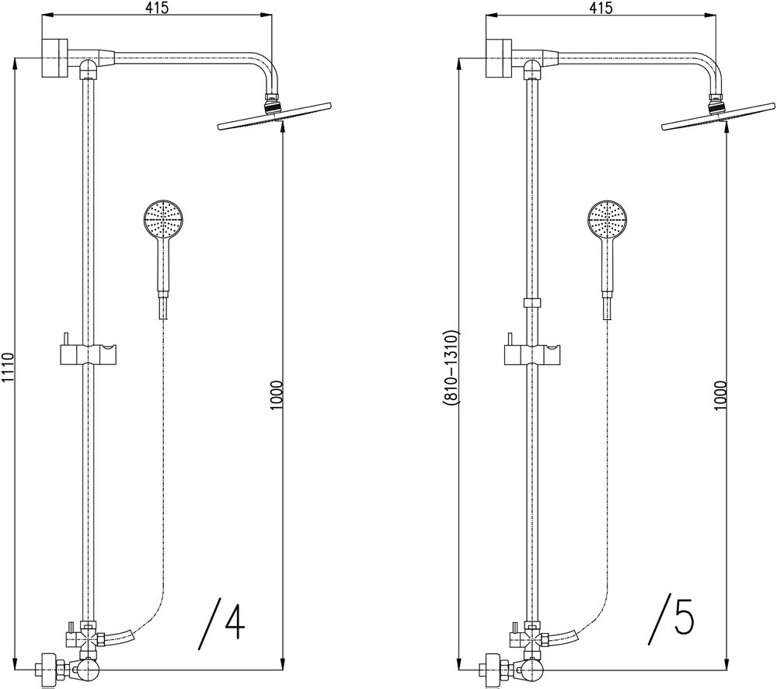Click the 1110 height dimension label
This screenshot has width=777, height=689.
coord(7,367)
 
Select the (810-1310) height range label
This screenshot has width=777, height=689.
coord(453,367)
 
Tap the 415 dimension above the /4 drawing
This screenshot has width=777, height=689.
coord(158,8)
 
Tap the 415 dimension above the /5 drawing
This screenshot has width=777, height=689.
coord(601,8)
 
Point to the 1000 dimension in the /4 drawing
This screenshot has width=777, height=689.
coord(277,395)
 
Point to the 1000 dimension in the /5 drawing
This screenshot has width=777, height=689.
coord(720,395)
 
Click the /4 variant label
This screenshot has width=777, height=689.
coord(222,623)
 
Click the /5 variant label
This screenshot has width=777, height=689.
coord(671,619)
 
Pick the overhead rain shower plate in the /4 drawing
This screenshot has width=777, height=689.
coord(274,117)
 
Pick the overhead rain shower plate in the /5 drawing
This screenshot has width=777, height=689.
coord(718,117)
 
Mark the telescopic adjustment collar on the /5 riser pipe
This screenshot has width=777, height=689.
coord(532,303)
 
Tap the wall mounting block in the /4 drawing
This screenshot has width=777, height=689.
coord(54,57)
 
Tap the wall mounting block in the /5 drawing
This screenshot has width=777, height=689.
coord(499,57)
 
